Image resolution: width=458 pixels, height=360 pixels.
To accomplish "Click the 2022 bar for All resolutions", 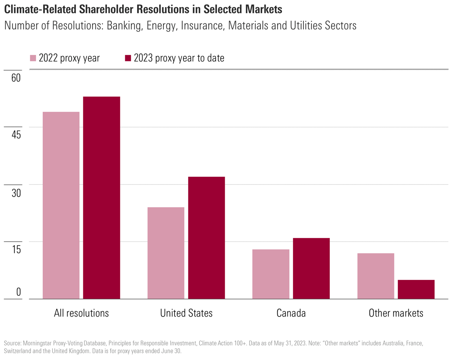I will point(61,205).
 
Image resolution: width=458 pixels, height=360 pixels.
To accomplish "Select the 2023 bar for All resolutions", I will point(101,198).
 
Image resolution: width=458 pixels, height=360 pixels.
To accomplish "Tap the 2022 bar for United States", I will point(166,253).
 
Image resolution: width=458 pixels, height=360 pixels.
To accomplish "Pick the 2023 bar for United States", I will point(207,238).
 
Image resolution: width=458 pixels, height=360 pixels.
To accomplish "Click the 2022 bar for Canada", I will point(271,274).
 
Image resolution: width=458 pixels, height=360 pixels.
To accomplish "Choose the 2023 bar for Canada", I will point(311,268).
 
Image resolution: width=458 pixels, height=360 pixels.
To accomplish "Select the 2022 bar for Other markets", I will point(376,276).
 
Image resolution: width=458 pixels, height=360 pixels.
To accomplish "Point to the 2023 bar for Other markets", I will point(416,289).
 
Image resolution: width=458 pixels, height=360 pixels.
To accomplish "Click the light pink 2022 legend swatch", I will point(33,58).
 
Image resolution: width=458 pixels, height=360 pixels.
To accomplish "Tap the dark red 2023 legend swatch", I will point(128,58).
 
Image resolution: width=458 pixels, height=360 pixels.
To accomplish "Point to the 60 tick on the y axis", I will point(16,78).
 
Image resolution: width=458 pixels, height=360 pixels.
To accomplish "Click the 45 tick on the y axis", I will point(16,135).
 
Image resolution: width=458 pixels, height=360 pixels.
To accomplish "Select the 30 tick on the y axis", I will point(16,193).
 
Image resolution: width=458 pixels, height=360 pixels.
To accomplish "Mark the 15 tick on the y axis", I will point(16,249).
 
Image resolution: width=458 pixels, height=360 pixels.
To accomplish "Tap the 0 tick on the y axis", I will point(19,292).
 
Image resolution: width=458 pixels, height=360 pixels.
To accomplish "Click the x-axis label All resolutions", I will point(81,313).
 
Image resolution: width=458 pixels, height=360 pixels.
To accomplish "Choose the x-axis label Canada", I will point(291,313).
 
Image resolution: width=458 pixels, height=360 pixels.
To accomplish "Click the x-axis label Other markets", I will point(396,313).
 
